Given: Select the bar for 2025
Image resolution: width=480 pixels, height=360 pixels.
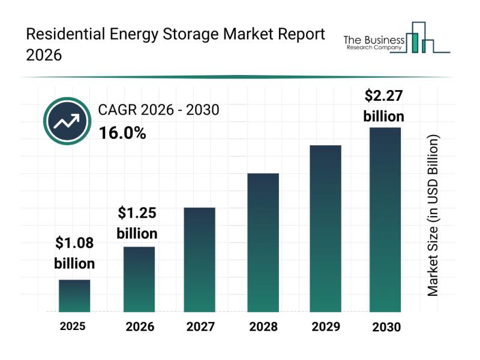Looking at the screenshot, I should click(x=74, y=296).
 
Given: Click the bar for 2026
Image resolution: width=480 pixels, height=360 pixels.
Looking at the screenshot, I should click(x=139, y=279).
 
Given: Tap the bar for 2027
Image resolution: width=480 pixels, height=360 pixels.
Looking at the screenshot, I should click(x=199, y=260).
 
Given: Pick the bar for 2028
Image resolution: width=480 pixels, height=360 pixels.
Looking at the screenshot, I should click(x=263, y=242).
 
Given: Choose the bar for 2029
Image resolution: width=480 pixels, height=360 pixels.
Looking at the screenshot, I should click(x=325, y=229).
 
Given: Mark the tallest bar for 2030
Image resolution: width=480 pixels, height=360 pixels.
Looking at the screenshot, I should click(x=385, y=220).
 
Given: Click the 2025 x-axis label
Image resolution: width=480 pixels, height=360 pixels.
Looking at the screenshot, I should click(x=73, y=326).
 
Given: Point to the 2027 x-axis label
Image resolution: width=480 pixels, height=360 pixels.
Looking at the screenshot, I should click(x=202, y=327).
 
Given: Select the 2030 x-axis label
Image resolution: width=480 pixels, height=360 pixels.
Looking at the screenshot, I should click(x=385, y=328).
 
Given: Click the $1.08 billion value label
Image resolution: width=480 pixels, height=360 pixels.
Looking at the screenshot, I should click(x=74, y=253).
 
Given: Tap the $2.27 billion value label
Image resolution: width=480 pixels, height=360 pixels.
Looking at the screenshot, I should click(x=384, y=106).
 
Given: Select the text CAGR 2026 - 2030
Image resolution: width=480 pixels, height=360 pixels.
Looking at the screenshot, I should click(x=158, y=110).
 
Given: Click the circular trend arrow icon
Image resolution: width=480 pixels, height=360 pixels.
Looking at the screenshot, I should click(x=67, y=122).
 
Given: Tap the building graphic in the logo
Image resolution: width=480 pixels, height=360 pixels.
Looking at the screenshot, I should click(x=420, y=38).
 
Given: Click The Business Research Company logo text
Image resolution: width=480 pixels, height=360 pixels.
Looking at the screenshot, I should click(x=373, y=43).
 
